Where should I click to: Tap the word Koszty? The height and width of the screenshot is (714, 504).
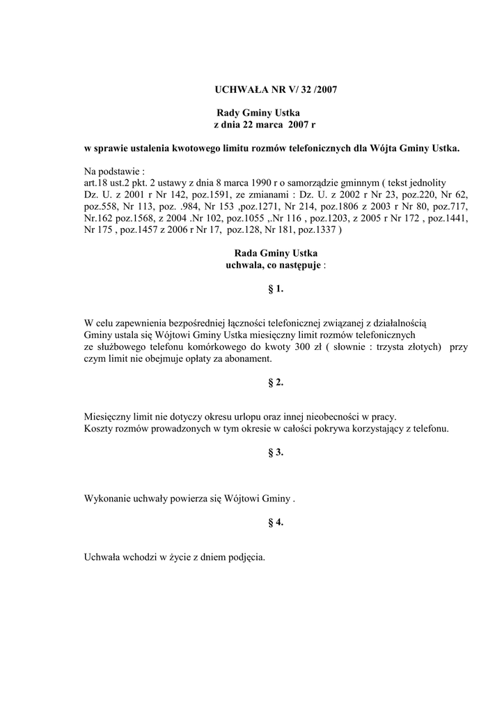coord(98,429)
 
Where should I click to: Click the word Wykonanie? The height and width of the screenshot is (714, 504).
coord(107,499)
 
